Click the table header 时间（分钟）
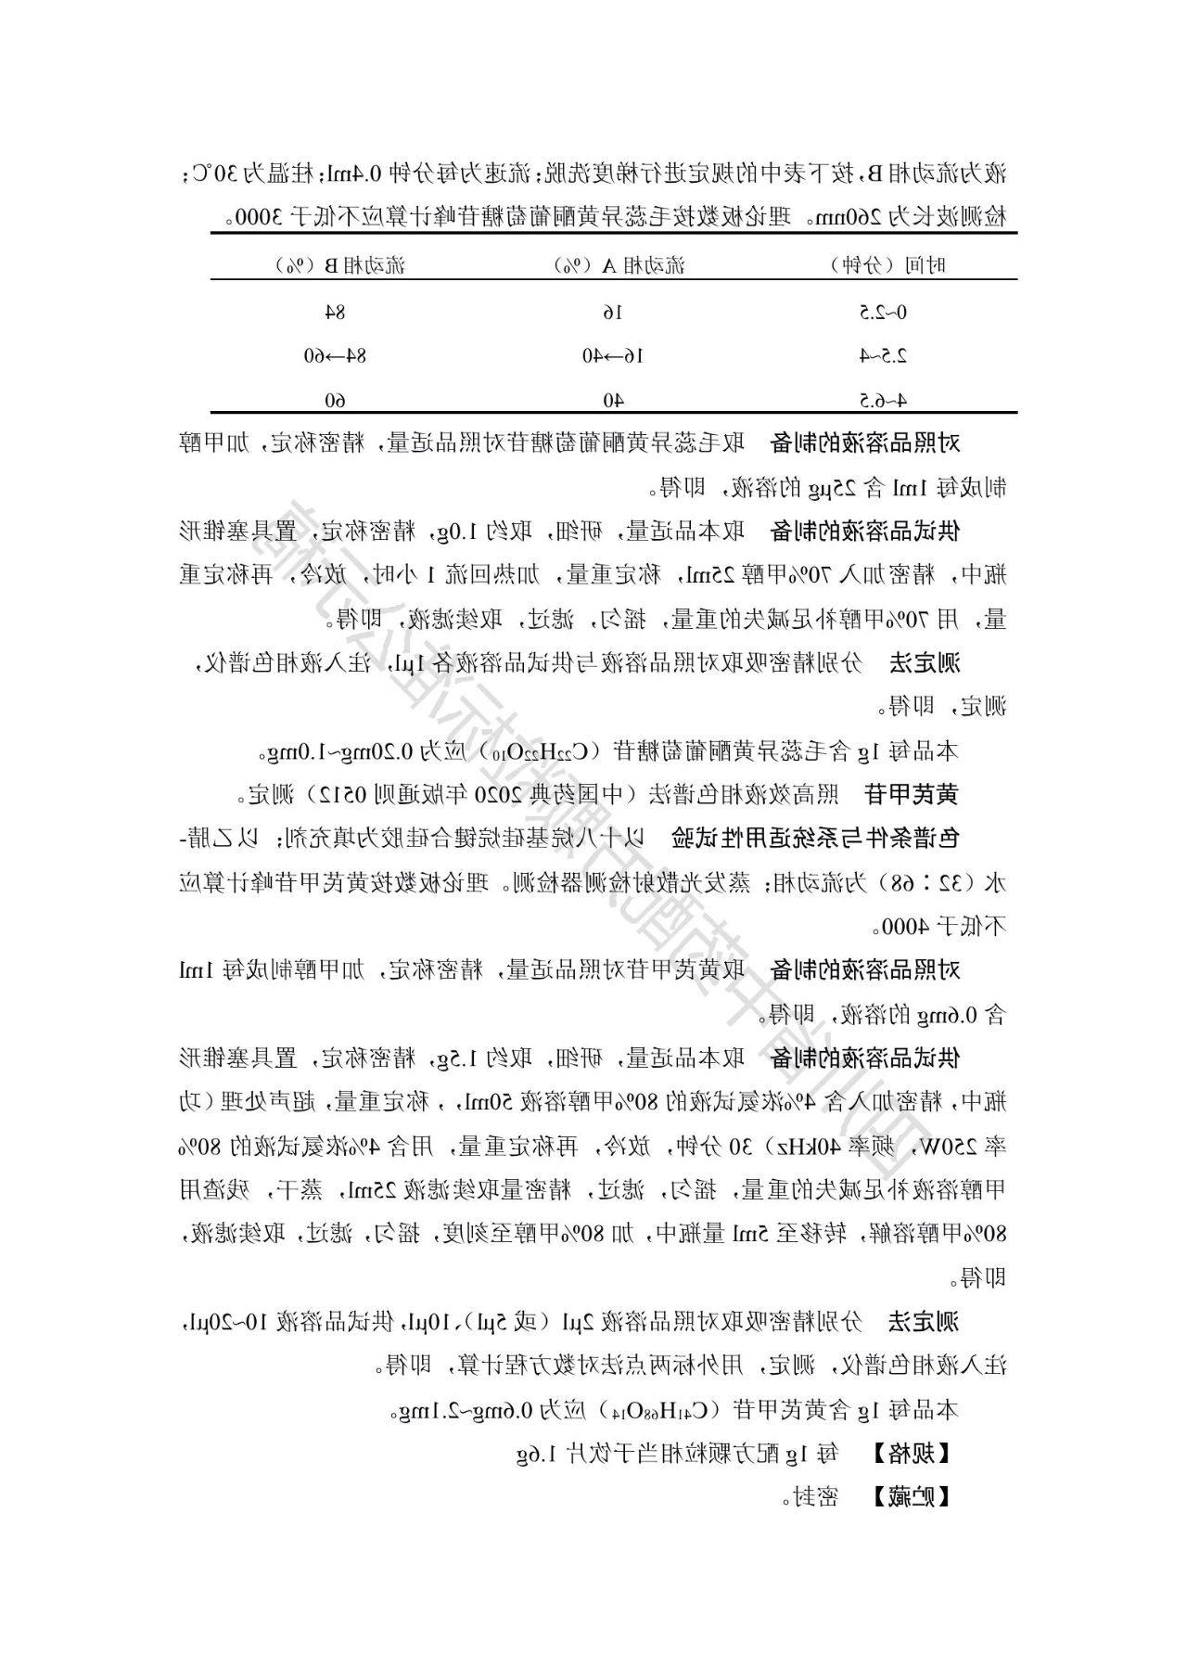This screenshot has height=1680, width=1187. click(x=887, y=266)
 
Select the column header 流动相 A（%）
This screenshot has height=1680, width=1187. click(x=619, y=266)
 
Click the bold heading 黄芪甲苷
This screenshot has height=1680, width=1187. click(x=910, y=795)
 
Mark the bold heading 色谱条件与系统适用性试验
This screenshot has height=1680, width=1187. click(x=815, y=839)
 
